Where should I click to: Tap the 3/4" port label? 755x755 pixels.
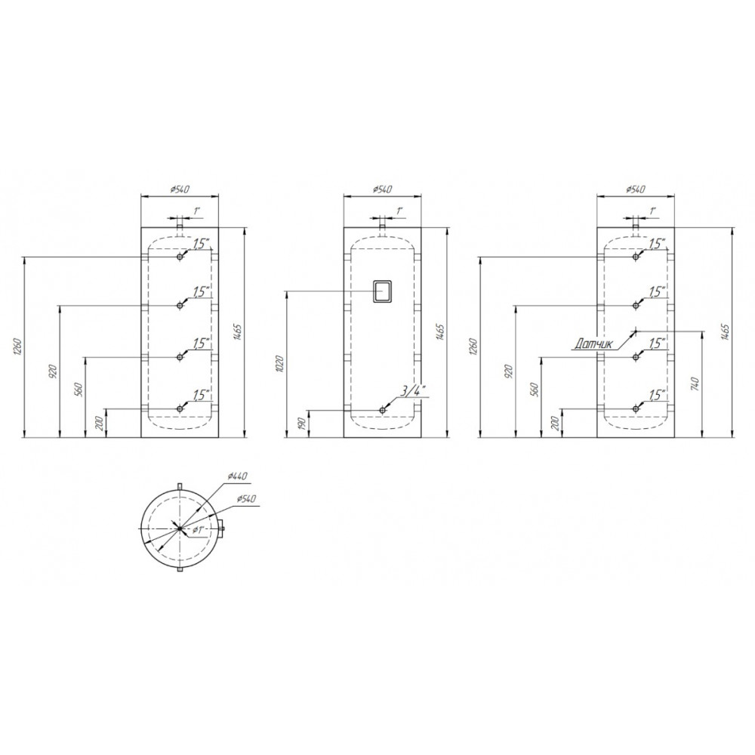410,391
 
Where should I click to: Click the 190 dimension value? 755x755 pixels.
304,424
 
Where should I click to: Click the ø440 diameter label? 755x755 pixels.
237,476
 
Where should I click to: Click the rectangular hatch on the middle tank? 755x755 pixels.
383,291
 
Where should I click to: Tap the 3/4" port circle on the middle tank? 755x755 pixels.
383,410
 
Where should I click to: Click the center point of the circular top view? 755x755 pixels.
180,528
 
